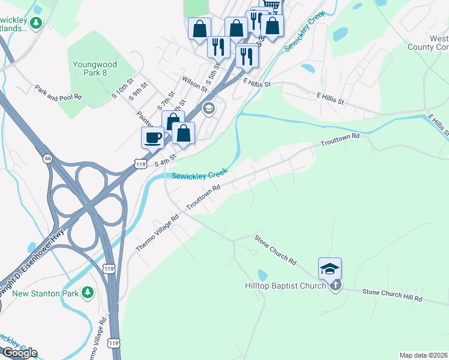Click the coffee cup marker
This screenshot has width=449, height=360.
(x=152, y=137)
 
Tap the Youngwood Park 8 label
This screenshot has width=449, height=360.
(x=98, y=68)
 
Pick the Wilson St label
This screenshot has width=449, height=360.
(x=196, y=83)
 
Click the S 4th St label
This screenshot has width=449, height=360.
(x=165, y=160)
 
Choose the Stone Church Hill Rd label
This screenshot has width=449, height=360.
(x=392, y=295)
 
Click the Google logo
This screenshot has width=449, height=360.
(x=19, y=353)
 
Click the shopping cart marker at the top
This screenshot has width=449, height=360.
(x=272, y=5)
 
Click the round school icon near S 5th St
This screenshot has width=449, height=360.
(x=208, y=109)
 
